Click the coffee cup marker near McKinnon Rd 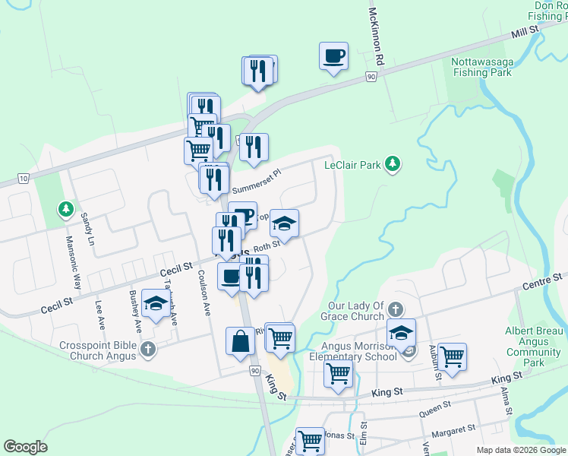(333, 56)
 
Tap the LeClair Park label (351, 164)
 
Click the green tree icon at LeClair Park (392, 163)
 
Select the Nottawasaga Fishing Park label (481, 67)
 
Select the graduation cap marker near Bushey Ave (156, 306)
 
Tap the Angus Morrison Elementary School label (352, 349)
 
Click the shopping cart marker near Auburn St (452, 356)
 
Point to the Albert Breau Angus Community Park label (533, 347)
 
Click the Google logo (25, 447)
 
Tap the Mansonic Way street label (72, 262)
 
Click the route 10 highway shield (24, 179)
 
